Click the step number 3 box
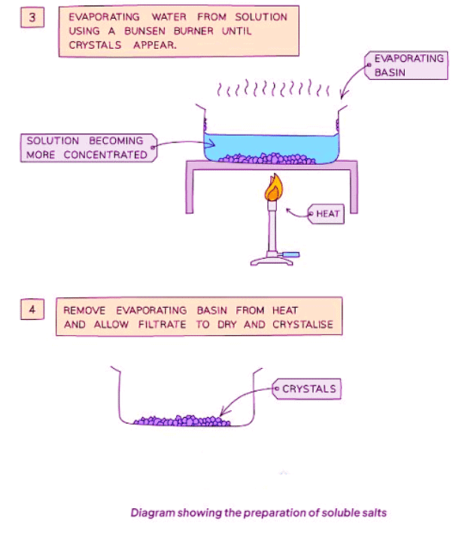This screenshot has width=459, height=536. point(32,16)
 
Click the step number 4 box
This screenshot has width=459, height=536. point(32,309)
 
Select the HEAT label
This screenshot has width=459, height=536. point(328,215)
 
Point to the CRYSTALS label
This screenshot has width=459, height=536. point(308,389)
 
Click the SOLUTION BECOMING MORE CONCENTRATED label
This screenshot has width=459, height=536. point(87,148)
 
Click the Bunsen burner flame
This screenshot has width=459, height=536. point(273,188)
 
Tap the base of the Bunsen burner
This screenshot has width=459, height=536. point(273,260)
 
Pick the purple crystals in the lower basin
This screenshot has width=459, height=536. point(181,420)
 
